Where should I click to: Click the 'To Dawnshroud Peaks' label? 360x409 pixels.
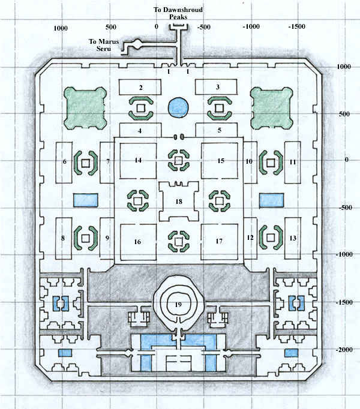(x=178, y=13)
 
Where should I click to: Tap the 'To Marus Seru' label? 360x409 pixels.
(x=104, y=45)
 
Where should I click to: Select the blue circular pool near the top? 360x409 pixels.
(x=178, y=107)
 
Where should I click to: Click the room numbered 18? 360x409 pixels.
(x=179, y=201)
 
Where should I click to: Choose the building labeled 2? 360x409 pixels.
(x=140, y=87)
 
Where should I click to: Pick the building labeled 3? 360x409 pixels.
(x=217, y=87)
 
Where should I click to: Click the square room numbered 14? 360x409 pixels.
(x=138, y=160)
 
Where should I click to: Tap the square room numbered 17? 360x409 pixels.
(x=219, y=242)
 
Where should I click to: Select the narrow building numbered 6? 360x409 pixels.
(x=64, y=163)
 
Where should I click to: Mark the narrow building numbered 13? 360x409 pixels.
(x=293, y=238)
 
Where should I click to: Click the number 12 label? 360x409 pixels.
(x=250, y=237)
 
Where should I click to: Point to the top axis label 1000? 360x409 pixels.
(x=61, y=28)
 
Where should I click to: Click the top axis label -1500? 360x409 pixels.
(x=297, y=26)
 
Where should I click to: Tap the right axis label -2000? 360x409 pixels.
(x=344, y=350)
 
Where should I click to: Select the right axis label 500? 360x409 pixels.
(x=344, y=114)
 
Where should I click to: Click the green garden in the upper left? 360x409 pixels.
(x=85, y=109)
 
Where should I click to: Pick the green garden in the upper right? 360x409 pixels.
(x=272, y=108)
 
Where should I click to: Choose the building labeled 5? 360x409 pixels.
(x=217, y=130)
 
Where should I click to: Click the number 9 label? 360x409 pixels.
(x=107, y=238)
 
